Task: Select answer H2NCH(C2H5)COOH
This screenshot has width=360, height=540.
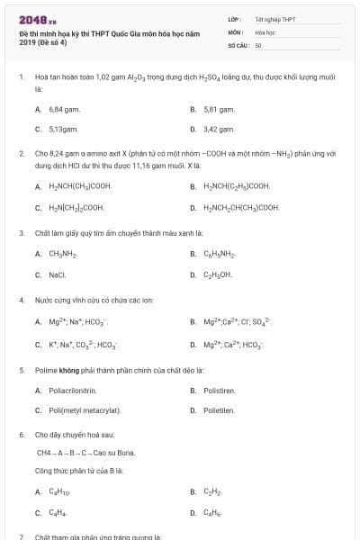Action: (237, 187)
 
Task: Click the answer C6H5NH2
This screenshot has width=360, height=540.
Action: (220, 254)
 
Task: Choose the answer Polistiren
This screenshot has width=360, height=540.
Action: (219, 391)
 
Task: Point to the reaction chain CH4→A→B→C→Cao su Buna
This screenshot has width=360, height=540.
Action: (85, 452)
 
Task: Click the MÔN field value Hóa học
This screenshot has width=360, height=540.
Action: (265, 31)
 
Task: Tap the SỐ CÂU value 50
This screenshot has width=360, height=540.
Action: (258, 44)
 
